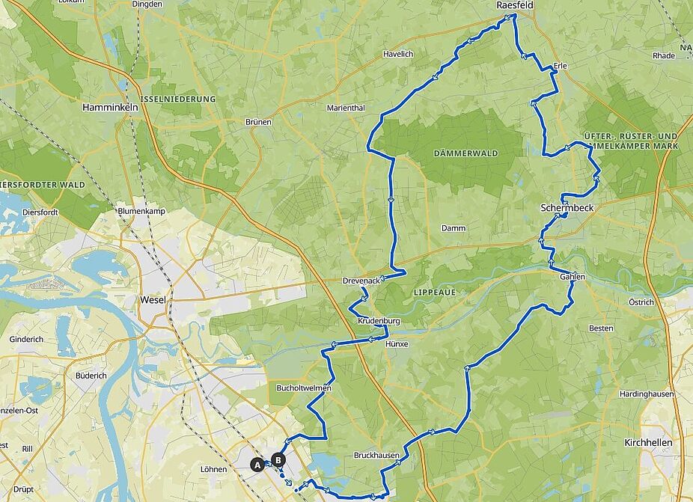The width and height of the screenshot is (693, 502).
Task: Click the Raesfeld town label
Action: pos(515,6)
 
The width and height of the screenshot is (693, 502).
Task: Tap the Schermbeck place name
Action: pos(567,207)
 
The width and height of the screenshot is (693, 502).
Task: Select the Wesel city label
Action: pos(152,300)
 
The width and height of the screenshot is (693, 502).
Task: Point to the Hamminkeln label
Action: pos(110,108)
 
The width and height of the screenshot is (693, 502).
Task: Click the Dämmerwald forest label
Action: pos(465,153)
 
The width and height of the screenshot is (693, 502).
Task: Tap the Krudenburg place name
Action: pos(379,321)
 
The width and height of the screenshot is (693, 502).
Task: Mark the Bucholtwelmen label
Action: pos(304,389)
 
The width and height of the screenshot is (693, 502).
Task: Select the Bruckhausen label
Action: pos(376,455)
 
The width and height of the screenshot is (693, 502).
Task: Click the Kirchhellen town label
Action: pos(648,443)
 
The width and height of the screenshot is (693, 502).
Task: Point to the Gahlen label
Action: pos(572,277)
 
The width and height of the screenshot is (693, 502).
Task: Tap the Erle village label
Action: pos(560,67)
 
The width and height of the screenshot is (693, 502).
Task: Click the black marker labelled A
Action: pos(257,465)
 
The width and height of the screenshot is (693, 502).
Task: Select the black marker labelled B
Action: pos(278,460)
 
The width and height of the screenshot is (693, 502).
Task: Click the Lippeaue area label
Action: pos(434,292)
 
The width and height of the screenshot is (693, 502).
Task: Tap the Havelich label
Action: pos(398,54)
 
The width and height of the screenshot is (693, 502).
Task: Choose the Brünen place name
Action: pos(258,121)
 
